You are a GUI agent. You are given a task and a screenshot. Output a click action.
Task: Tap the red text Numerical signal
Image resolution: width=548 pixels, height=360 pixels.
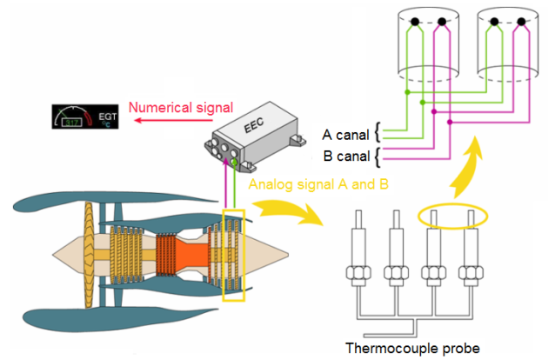coord(181,108)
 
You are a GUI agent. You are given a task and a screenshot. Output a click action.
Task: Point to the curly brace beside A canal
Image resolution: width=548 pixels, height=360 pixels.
coord(377,135)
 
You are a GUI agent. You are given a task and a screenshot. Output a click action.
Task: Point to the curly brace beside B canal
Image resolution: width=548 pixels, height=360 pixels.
coord(377,157)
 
